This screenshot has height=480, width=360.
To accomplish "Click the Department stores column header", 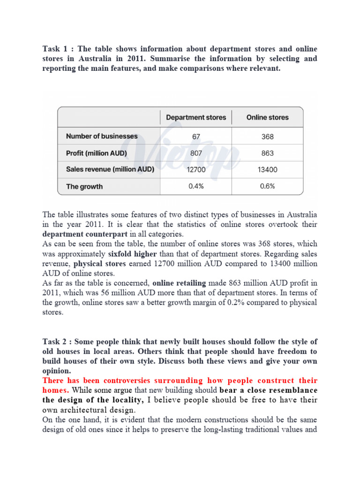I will point(196,117).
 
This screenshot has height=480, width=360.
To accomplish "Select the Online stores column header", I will point(268,117).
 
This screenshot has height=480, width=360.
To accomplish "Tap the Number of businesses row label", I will point(102,136).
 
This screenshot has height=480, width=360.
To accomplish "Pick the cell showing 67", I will point(196,137).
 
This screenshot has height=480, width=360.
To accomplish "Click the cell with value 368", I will point(268,137).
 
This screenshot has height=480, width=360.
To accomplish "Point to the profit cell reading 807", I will point(196,153).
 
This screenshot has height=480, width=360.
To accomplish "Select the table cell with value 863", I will point(268,153).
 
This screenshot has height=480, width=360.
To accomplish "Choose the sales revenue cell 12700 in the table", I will point(196,170).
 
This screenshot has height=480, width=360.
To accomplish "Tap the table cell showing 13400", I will point(268,170).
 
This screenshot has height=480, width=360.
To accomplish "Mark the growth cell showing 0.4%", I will point(196,186).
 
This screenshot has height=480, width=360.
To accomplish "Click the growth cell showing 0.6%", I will point(268,186).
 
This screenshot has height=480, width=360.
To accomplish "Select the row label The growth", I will point(84,187).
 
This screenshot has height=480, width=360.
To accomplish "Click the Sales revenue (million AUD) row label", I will point(110,170).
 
